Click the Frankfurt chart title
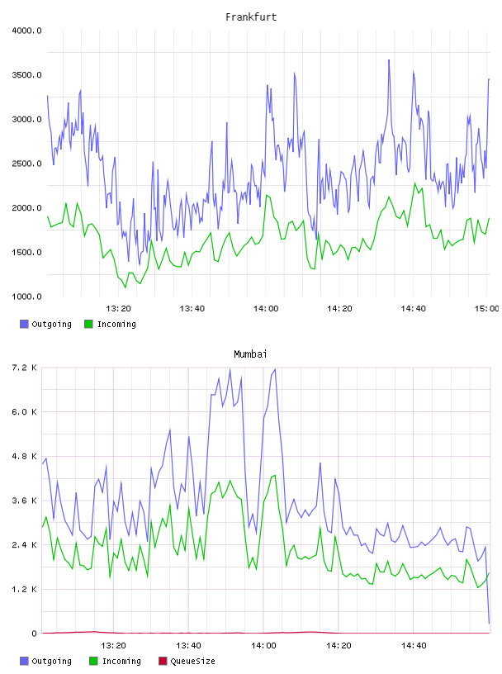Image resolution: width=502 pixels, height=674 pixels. pos(251,17)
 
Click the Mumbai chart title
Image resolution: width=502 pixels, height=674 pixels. pos(250,354)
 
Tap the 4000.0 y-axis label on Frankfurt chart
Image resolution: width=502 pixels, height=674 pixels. pos(26,31)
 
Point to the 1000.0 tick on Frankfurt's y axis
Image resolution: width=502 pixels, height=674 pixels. pos(26,297)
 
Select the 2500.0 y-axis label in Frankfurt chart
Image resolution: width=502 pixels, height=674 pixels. pos(26,164)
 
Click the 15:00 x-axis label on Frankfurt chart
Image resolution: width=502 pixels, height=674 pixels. pos(486,309)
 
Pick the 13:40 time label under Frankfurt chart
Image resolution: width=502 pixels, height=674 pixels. pos(192,309)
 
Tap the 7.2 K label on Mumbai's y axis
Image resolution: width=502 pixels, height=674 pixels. pos(24,368)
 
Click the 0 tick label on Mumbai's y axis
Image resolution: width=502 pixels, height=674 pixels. pos(34,634)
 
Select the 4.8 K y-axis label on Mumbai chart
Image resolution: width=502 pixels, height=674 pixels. pos(24,457)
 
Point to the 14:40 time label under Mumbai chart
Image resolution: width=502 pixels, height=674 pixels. pos(414,646)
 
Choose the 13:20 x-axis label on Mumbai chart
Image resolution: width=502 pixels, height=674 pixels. pos(113,646)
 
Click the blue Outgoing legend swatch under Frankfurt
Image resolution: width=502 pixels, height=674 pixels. pos(24,324)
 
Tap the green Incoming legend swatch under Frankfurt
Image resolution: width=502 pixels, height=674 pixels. pos(88,324)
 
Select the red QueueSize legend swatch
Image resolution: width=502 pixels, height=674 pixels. pos(163,661)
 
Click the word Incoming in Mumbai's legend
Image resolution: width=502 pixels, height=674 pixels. pos(121,661)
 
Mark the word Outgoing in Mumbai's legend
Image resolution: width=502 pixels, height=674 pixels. pos(51,661)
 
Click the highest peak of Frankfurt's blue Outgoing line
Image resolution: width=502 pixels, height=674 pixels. pos(389,60)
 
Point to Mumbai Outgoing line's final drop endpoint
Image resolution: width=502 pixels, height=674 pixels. pos(489,624)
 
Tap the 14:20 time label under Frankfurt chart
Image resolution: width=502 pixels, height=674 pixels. pos(339,309)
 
